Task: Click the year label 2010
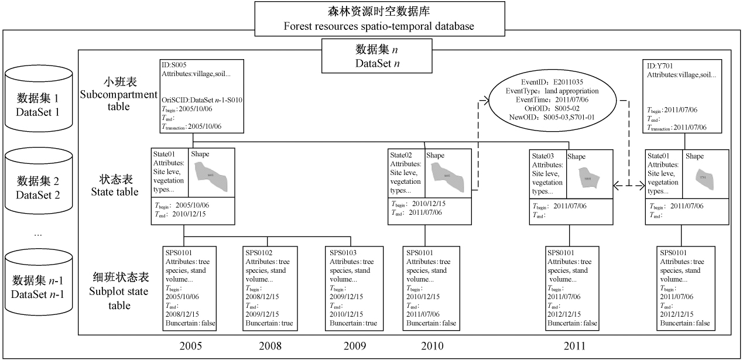(432, 346)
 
